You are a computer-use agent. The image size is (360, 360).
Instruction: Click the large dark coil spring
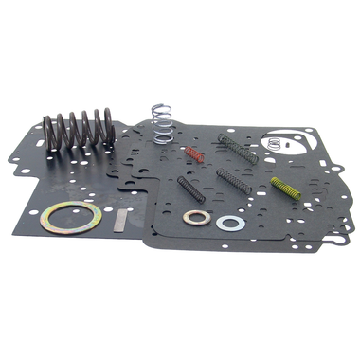click(x=80, y=133)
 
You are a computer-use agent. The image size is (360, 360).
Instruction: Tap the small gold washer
click(x=197, y=218)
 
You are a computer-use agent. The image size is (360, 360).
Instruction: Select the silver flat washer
click(x=229, y=224)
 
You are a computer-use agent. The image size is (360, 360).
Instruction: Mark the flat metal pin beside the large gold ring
click(x=118, y=221)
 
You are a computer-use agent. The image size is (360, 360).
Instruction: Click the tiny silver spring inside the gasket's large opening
click(x=275, y=144)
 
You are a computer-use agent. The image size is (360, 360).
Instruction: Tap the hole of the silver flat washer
click(x=229, y=224)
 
